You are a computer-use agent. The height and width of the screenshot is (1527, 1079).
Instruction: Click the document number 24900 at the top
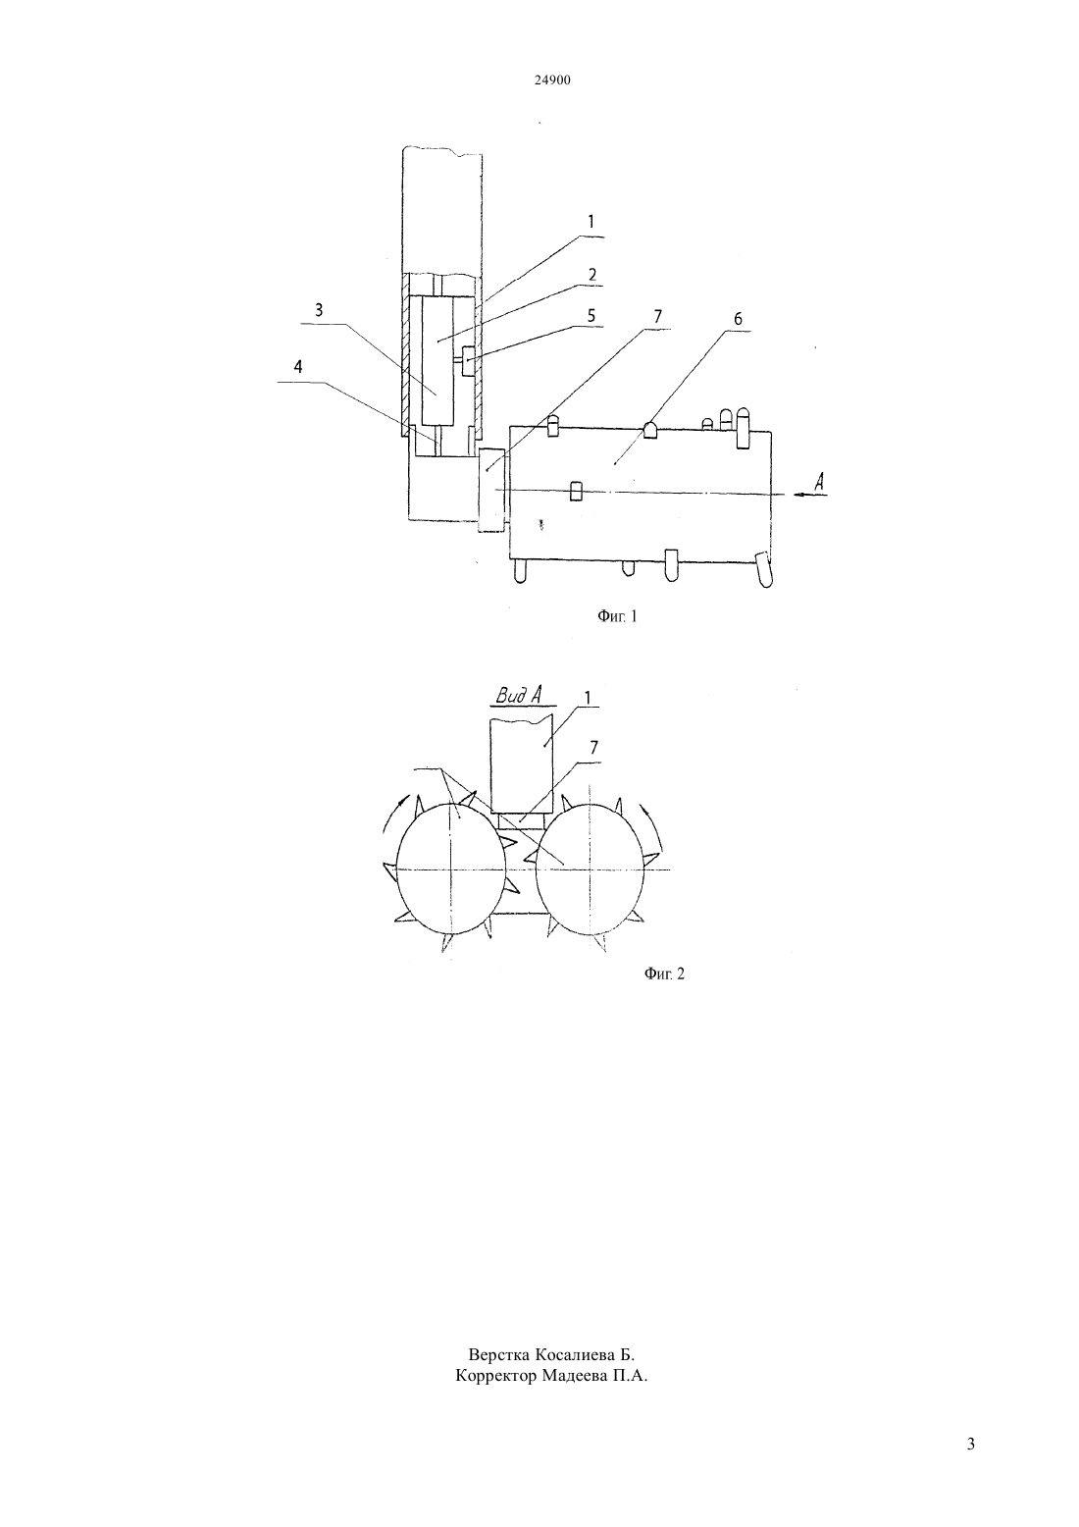[552, 79]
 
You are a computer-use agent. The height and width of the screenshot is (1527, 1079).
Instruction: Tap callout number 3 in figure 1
[319, 309]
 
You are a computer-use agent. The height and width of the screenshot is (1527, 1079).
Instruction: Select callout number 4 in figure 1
[297, 367]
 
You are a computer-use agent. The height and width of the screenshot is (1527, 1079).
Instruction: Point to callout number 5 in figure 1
[591, 315]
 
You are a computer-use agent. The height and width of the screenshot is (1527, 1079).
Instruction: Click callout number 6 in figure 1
[738, 318]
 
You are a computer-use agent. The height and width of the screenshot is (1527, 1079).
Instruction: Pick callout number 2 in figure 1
[591, 274]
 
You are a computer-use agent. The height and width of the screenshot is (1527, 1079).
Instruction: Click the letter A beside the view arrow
[819, 482]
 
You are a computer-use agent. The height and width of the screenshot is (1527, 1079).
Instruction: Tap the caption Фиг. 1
[617, 616]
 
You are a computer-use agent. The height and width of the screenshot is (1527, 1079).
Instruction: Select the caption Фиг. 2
[664, 974]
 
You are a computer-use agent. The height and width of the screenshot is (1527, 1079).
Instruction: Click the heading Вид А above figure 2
[519, 696]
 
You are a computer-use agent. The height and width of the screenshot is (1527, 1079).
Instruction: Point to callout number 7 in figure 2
[593, 748]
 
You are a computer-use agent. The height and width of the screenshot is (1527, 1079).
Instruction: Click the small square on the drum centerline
[577, 492]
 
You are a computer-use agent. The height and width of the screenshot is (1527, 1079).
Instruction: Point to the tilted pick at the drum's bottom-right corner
[766, 569]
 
